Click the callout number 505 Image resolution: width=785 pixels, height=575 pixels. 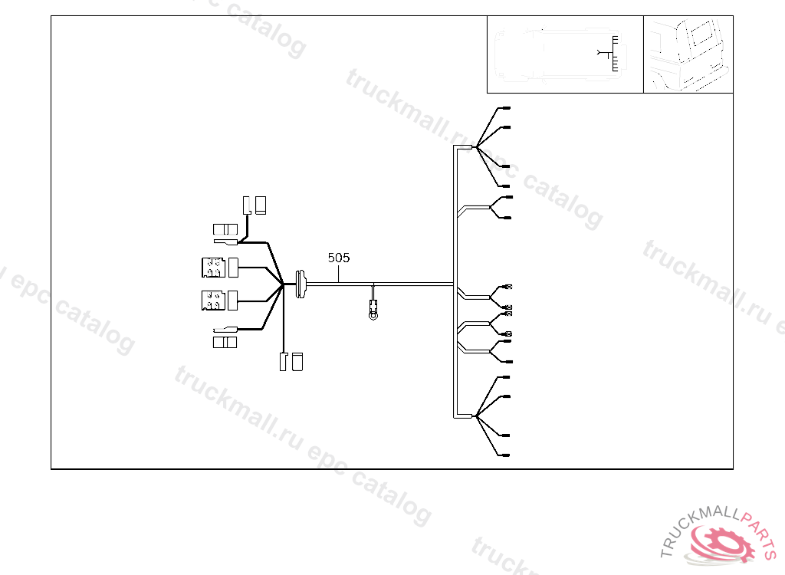[x=339, y=258]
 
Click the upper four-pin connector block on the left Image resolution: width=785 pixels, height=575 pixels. [x=212, y=268]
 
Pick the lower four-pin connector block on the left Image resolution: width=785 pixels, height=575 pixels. [x=212, y=300]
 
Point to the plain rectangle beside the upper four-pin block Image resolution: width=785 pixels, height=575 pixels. [x=233, y=268]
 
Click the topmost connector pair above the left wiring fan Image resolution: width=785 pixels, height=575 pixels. [x=255, y=205]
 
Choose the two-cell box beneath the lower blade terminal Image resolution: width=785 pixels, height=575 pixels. [x=225, y=342]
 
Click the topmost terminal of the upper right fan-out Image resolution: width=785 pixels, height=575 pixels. [x=505, y=109]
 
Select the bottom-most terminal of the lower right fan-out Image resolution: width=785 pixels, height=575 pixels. [x=505, y=457]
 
